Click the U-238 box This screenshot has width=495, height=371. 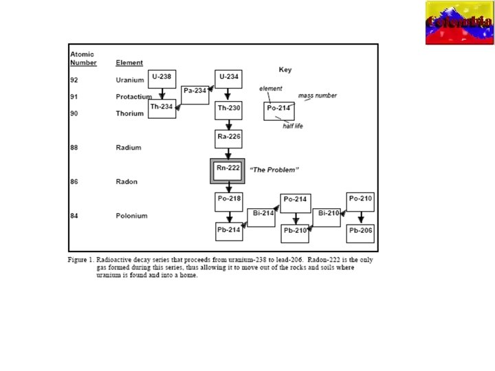click(x=162, y=79)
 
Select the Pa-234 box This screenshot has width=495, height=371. click(x=195, y=94)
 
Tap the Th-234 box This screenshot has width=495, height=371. click(x=162, y=109)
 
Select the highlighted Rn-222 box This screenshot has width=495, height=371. click(x=228, y=170)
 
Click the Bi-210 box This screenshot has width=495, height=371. click(x=328, y=216)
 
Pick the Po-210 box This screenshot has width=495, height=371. click(x=361, y=201)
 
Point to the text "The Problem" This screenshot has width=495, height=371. click(x=274, y=169)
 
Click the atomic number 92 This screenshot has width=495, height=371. click(x=74, y=80)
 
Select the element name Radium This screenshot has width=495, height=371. click(x=128, y=148)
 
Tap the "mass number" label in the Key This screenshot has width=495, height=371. click(x=318, y=95)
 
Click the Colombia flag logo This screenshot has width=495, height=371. click(x=459, y=23)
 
